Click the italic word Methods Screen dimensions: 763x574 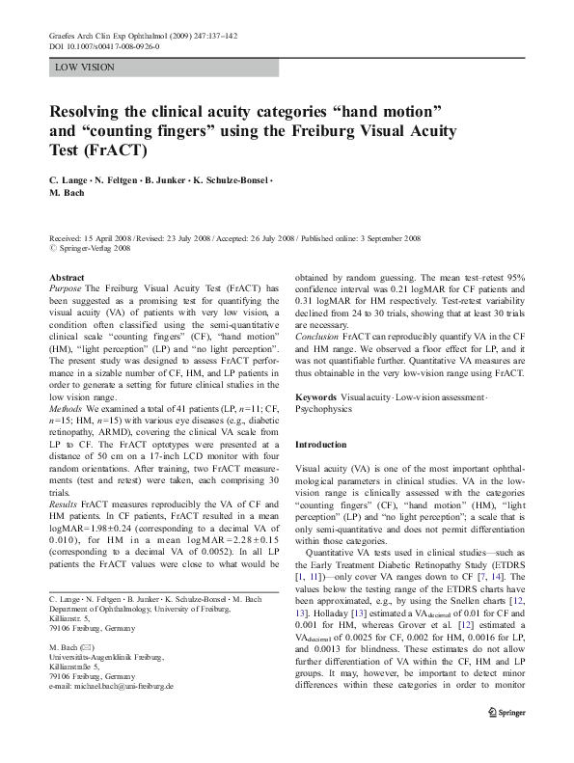point(67,438)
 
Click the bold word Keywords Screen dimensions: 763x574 point(316,397)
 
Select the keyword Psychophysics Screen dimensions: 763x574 point(325,409)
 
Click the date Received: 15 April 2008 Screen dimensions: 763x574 point(92,236)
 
